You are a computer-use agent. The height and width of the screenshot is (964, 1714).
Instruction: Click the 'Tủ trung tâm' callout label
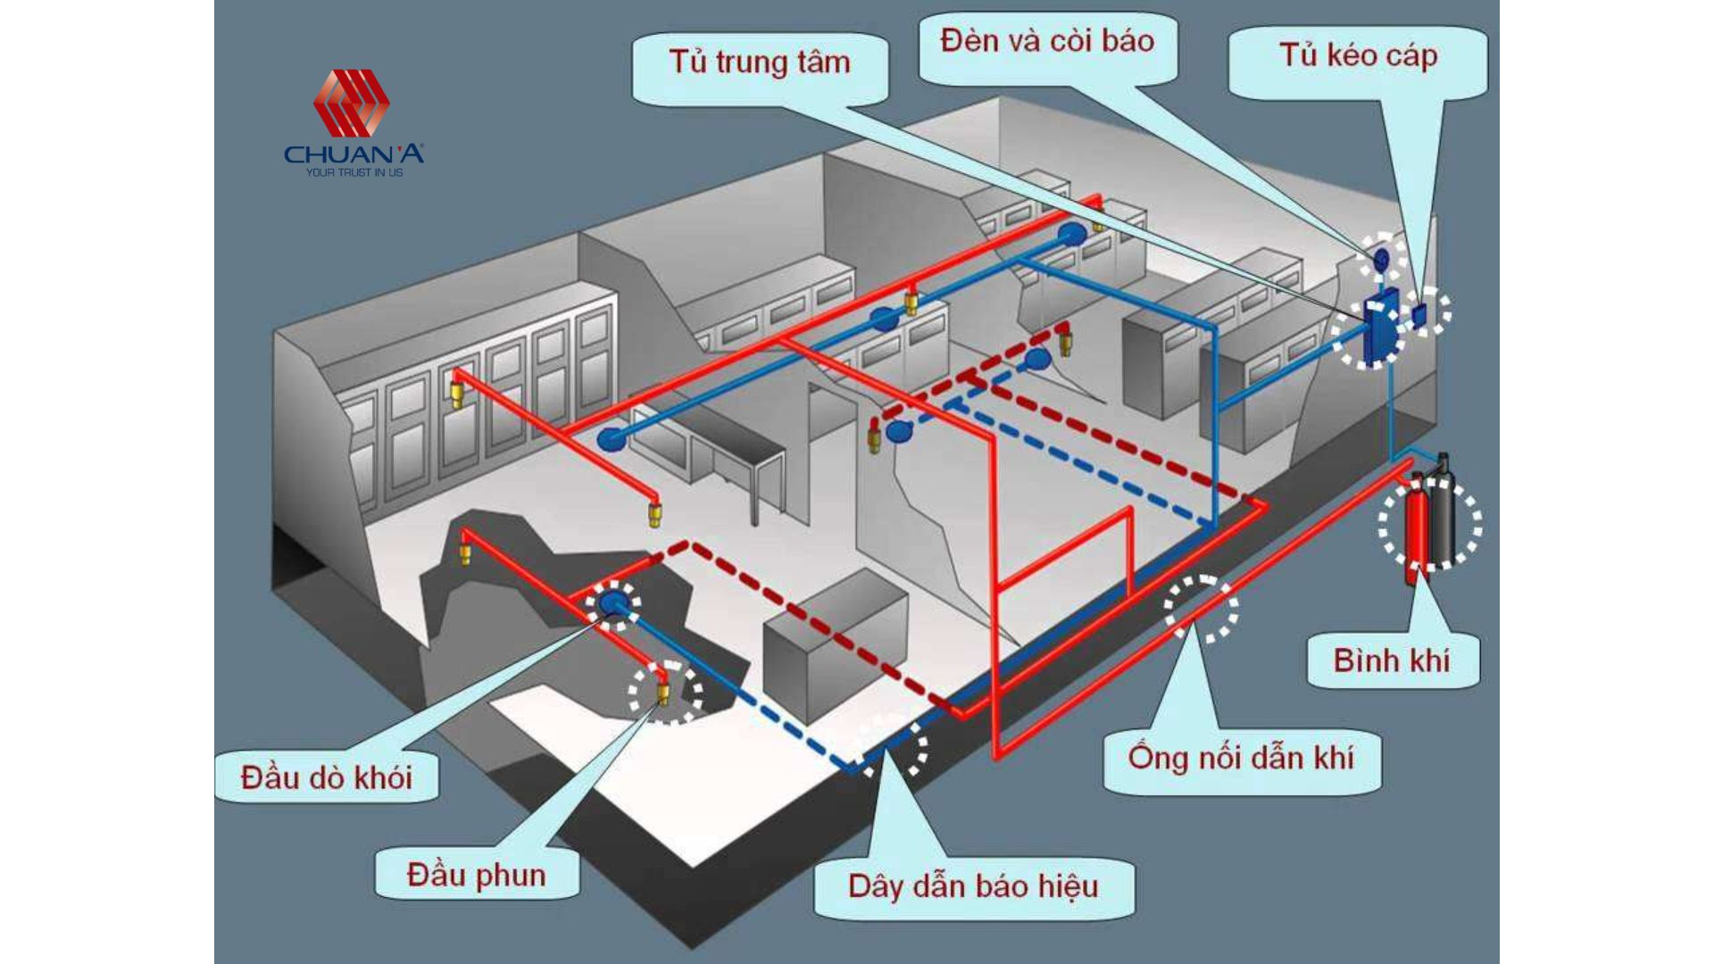pyautogui.click(x=760, y=62)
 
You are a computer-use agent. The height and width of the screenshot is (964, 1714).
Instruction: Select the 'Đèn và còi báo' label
pyautogui.click(x=1047, y=41)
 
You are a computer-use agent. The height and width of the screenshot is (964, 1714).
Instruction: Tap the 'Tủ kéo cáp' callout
pyautogui.click(x=1358, y=55)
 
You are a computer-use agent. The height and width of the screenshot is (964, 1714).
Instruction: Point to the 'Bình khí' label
pyautogui.click(x=1392, y=661)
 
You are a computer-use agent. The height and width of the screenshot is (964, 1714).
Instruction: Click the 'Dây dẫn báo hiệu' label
pyautogui.click(x=973, y=886)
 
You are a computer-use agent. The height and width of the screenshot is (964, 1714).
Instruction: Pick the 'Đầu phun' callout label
pyautogui.click(x=476, y=875)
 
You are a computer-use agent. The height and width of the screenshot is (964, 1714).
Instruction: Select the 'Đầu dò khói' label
pyautogui.click(x=327, y=777)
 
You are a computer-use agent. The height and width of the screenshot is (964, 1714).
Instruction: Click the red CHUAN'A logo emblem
pyautogui.click(x=351, y=103)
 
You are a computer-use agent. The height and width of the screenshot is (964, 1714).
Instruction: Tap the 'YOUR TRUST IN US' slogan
pyautogui.click(x=354, y=172)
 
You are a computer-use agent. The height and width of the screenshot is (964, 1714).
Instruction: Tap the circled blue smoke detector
pyautogui.click(x=613, y=602)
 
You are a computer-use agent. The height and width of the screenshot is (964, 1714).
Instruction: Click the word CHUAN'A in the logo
pyautogui.click(x=354, y=154)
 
